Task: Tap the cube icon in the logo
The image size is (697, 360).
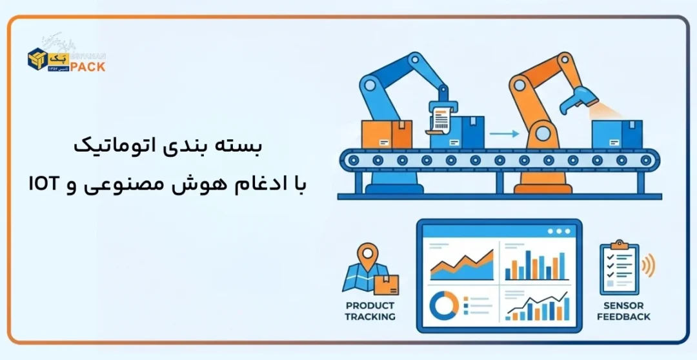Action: (x=37, y=59)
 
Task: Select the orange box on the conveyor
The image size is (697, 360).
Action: (x=387, y=134)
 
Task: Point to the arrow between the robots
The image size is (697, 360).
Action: (x=504, y=134)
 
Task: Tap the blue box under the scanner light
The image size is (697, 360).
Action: (x=617, y=134)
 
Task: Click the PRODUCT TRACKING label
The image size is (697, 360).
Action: (x=370, y=311)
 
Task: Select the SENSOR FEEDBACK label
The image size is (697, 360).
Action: (x=623, y=311)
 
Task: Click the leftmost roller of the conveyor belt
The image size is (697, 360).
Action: (x=352, y=159)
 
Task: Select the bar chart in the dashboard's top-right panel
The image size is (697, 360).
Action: (x=535, y=265)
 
